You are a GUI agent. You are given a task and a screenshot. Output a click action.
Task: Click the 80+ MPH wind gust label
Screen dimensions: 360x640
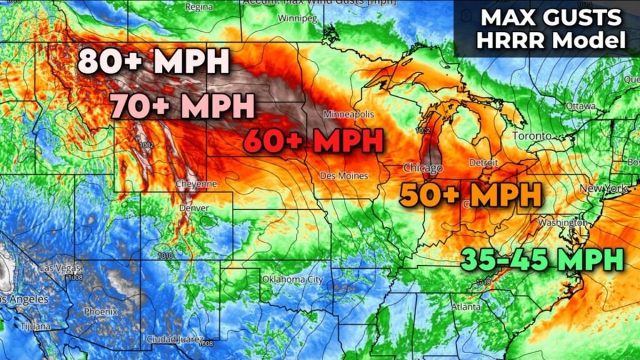click(x=154, y=62)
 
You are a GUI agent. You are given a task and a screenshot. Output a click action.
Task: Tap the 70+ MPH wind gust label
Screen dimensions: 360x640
click(x=183, y=106)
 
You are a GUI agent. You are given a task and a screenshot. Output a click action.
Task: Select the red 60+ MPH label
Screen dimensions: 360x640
click(x=313, y=141)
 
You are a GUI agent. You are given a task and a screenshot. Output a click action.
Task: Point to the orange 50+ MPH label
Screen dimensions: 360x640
click(x=471, y=196)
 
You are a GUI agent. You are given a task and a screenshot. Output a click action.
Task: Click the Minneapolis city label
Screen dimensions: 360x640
click(x=349, y=115)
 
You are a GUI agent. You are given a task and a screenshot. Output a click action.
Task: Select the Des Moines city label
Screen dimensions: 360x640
click(x=344, y=176)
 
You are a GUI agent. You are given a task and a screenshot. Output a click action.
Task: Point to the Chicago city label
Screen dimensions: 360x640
click(x=422, y=169)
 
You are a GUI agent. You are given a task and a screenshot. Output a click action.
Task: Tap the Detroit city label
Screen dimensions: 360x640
click(x=483, y=163)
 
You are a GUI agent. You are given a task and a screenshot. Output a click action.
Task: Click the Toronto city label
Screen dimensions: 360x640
click(x=532, y=136)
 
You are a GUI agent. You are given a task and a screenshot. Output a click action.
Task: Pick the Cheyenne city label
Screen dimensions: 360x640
click(x=196, y=184)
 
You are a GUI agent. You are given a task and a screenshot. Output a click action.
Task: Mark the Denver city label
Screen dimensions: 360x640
click(x=194, y=208)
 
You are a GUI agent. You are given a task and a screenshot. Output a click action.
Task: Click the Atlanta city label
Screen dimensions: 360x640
click(x=466, y=307)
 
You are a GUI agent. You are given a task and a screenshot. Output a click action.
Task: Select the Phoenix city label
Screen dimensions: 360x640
click(x=101, y=311)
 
